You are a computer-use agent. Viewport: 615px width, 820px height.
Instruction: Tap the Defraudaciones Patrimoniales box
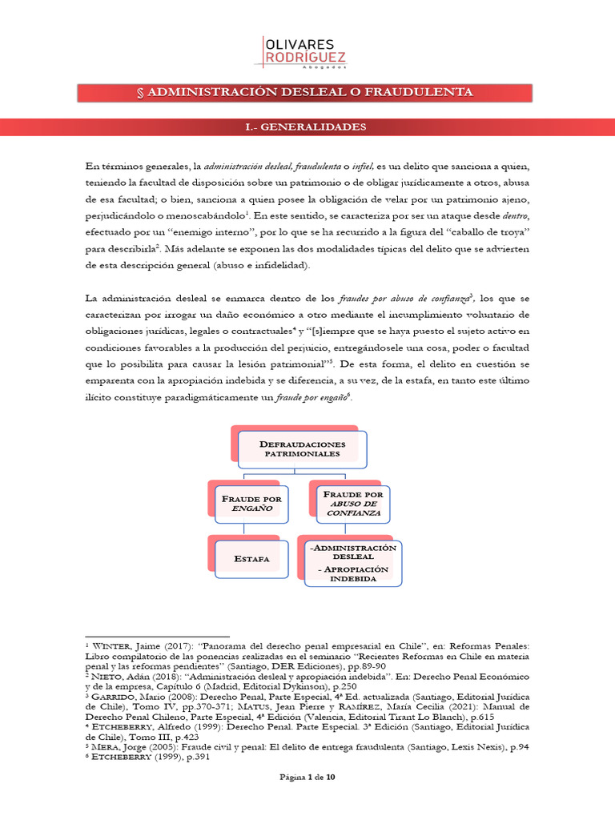tap(303, 448)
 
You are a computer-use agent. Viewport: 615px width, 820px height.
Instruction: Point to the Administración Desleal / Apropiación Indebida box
tap(353, 562)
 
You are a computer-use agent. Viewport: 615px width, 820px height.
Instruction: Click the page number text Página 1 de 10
tap(307, 799)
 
